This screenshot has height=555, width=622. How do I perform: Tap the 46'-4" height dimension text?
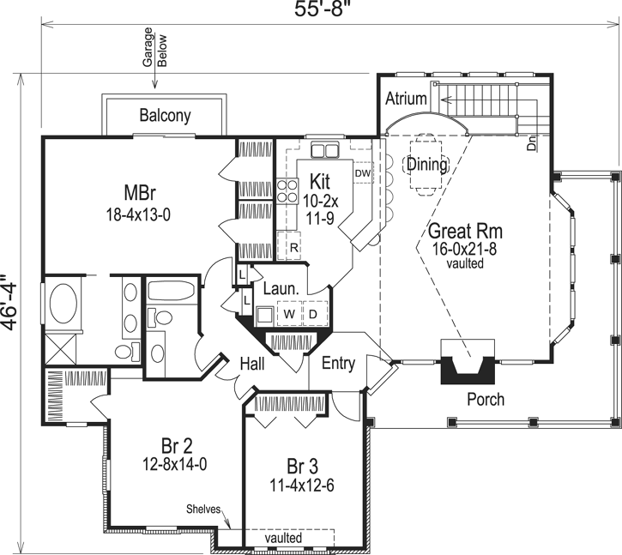coord(9,301)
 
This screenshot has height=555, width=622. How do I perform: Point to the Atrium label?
coord(405,99)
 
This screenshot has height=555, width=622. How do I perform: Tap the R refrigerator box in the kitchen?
coord(293,247)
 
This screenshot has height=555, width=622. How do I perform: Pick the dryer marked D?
coord(314,315)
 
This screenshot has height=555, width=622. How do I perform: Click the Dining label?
coord(426,164)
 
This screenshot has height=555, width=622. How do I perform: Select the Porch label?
coord(485,400)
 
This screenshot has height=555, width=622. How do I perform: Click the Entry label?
coord(338,363)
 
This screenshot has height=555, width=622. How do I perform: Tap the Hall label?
coord(251,365)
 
